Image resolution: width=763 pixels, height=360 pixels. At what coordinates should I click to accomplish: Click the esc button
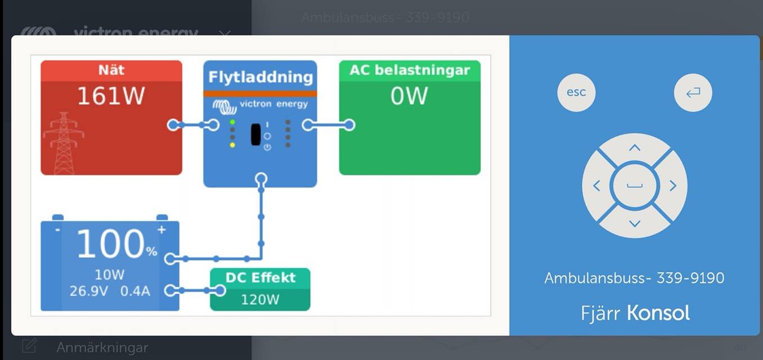(576, 92)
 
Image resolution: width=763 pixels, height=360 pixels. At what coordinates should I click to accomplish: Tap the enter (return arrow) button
(693, 92)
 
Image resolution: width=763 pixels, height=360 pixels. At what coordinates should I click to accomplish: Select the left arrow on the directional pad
(597, 186)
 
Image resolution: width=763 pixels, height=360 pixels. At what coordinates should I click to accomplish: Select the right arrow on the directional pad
(672, 186)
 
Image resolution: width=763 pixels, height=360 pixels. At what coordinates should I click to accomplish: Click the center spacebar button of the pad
(635, 186)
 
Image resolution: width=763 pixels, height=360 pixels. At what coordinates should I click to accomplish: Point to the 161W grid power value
(111, 96)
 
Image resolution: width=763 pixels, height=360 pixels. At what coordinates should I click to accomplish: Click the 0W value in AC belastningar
(409, 96)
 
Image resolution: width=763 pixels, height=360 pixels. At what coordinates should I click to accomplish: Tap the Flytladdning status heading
(260, 76)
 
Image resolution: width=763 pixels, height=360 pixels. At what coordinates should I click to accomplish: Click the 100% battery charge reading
(117, 244)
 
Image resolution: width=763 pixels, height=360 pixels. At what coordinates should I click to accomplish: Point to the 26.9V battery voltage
(89, 291)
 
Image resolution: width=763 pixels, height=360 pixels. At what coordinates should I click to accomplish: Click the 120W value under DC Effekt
(260, 299)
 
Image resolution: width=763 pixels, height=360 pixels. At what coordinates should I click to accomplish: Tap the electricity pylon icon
(64, 143)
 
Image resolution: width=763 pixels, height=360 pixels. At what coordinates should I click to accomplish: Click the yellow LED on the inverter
(232, 145)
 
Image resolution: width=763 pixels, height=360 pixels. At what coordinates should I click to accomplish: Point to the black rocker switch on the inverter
(255, 134)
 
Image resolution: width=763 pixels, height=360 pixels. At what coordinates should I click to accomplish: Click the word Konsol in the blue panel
(658, 313)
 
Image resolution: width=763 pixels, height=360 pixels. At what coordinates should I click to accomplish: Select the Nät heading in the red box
(111, 70)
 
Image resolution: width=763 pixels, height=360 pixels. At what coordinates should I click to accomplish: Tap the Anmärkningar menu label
(102, 347)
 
